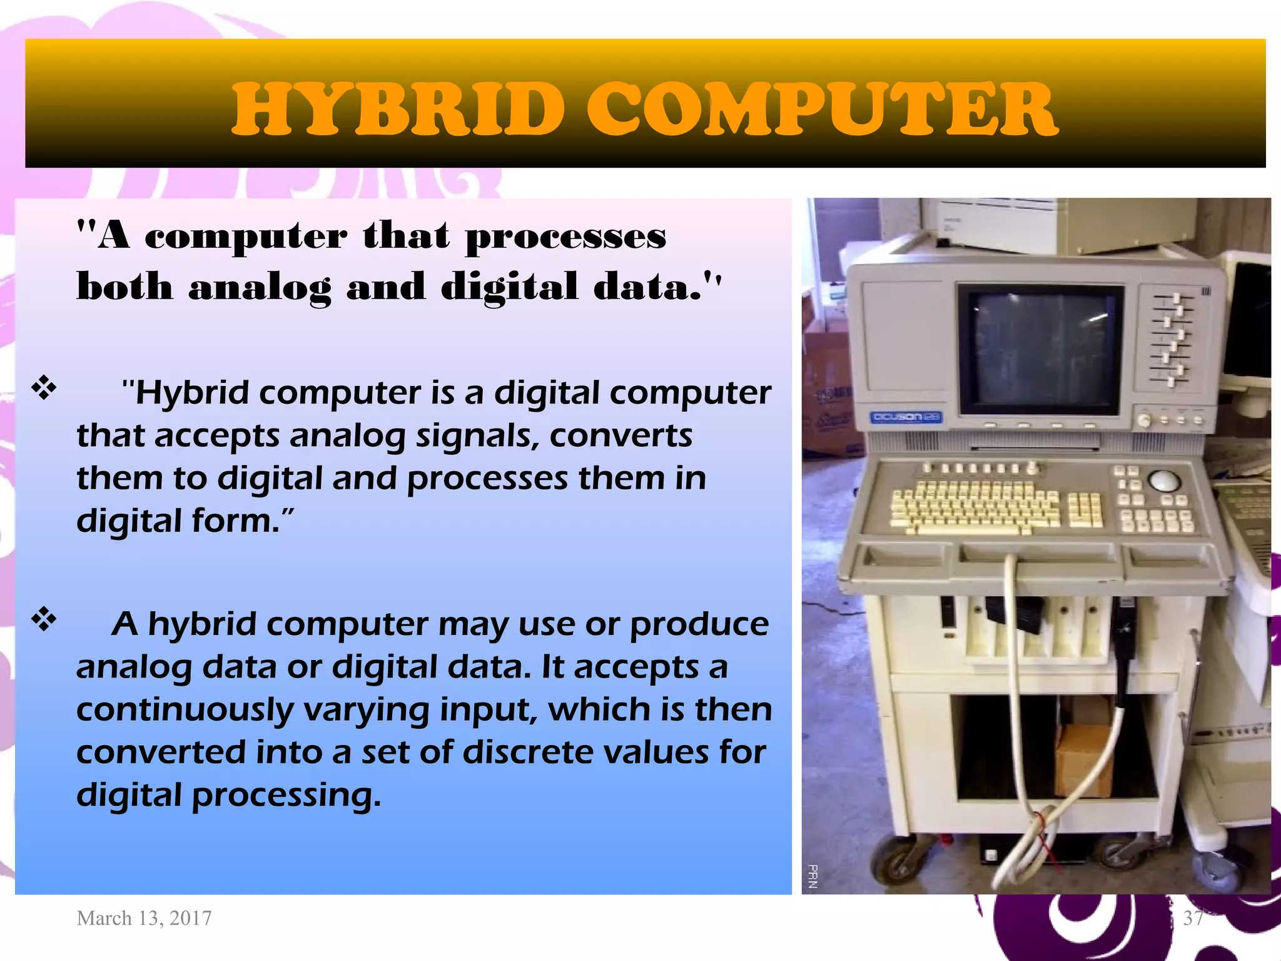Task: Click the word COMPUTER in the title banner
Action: pos(821,111)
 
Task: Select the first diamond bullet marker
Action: pos(44,389)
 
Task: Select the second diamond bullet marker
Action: pos(44,619)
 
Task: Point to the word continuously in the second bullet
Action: pos(185,710)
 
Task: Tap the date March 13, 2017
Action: pos(144,918)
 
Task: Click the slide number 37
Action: pos(1193,918)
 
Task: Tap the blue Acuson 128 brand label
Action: pos(906,417)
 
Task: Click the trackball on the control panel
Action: pos(1164,481)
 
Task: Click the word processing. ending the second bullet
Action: pos(286,796)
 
